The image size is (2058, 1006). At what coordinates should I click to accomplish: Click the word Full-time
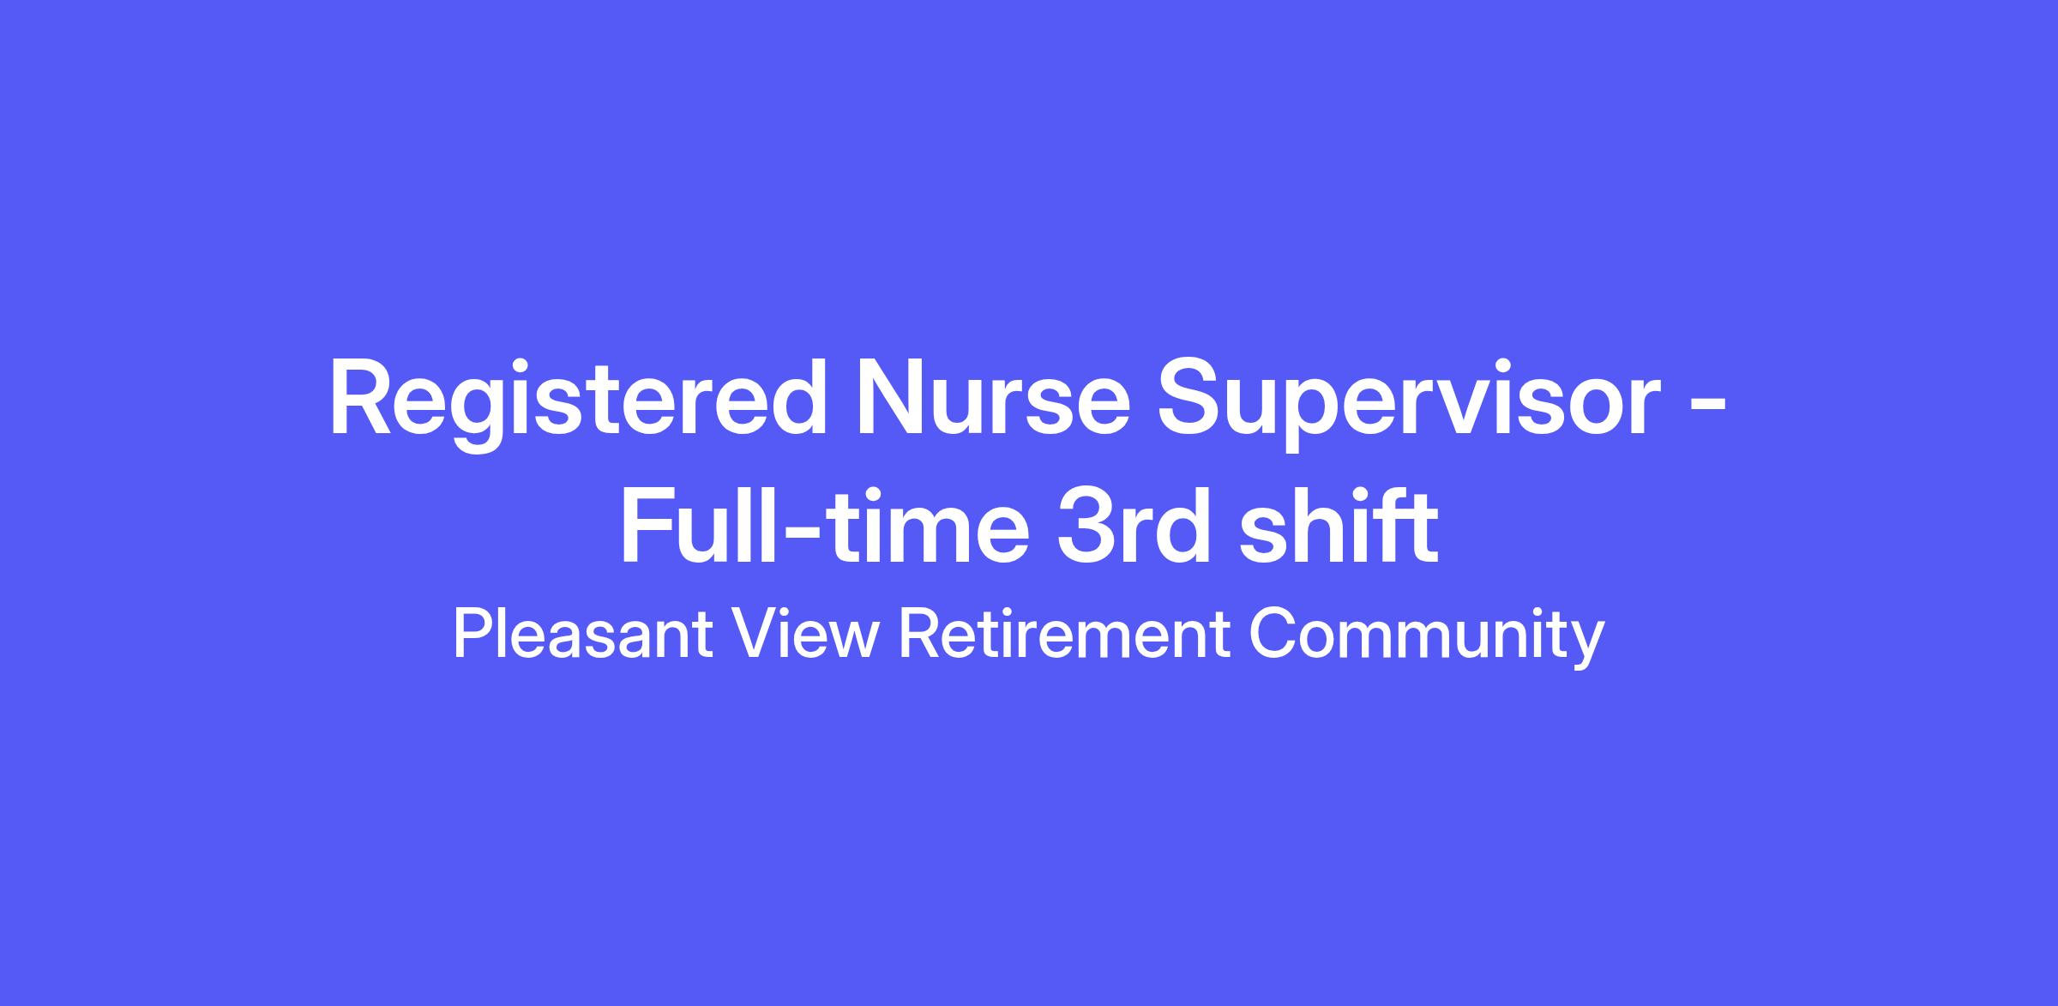[823, 525]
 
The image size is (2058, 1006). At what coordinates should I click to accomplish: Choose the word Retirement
[1064, 635]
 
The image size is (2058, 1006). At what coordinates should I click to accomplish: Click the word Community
[1426, 639]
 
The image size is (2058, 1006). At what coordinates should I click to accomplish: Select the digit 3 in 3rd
[1085, 527]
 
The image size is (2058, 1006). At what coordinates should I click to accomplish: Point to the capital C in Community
[1271, 636]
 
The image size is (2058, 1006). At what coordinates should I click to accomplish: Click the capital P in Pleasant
[472, 636]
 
